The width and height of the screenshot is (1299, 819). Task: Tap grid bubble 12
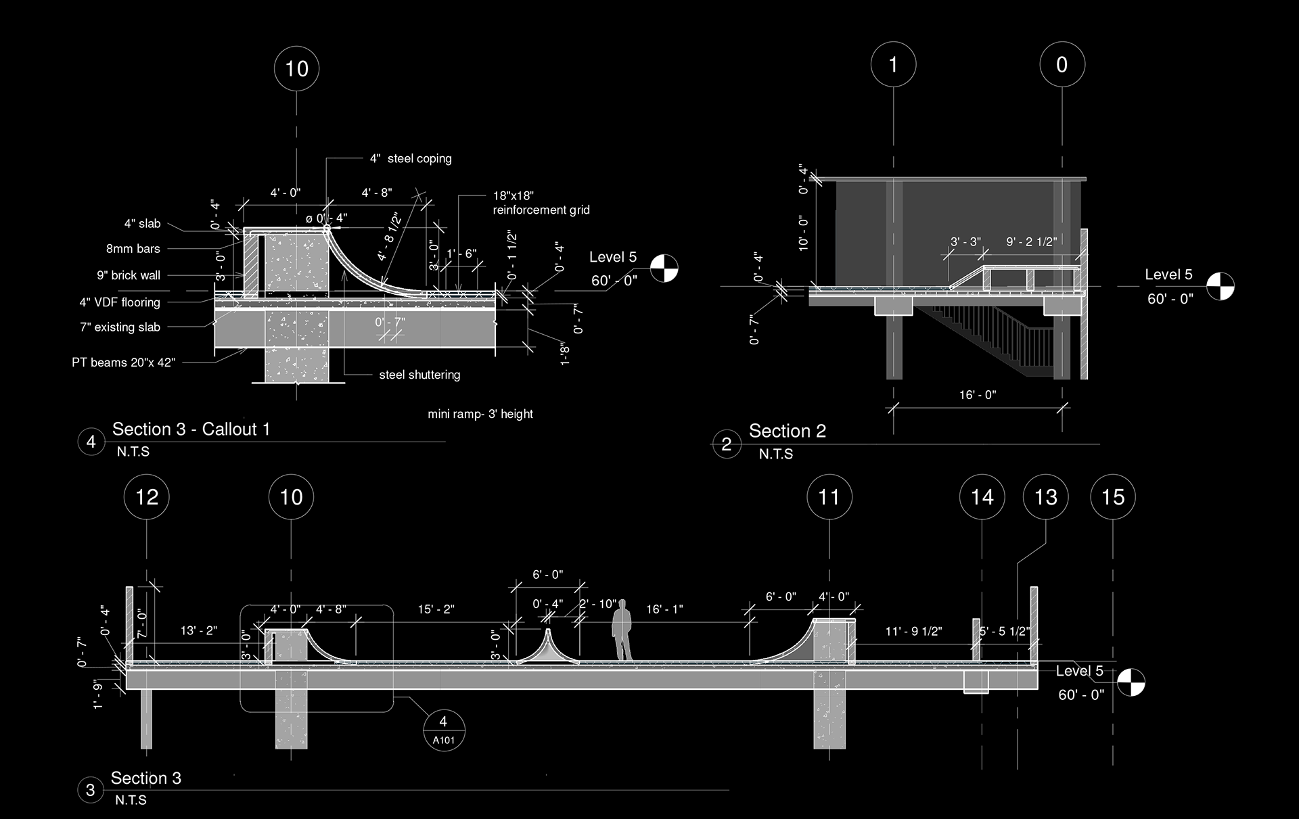pyautogui.click(x=147, y=497)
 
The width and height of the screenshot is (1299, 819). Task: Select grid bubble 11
pyautogui.click(x=829, y=497)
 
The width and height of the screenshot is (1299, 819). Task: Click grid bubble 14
pyautogui.click(x=982, y=497)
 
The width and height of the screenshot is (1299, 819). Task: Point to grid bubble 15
pyautogui.click(x=1113, y=497)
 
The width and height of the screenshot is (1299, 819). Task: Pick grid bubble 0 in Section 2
pyautogui.click(x=1062, y=64)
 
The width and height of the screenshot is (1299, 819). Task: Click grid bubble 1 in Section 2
pyautogui.click(x=893, y=64)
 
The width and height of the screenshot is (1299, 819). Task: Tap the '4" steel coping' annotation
pyautogui.click(x=411, y=159)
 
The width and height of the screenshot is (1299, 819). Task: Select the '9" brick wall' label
pyautogui.click(x=129, y=275)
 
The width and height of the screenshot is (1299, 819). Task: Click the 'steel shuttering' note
pyautogui.click(x=419, y=375)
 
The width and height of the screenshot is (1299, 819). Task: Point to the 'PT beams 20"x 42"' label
pyautogui.click(x=124, y=362)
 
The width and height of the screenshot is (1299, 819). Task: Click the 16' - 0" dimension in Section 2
pyautogui.click(x=978, y=394)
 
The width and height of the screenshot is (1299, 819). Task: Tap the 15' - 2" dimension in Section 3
pyautogui.click(x=436, y=609)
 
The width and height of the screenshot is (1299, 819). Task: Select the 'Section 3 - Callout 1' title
pyautogui.click(x=191, y=429)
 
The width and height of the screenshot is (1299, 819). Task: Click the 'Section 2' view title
pyautogui.click(x=788, y=431)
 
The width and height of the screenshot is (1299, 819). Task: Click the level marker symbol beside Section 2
pyautogui.click(x=1221, y=285)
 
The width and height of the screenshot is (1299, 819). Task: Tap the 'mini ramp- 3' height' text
pyautogui.click(x=480, y=414)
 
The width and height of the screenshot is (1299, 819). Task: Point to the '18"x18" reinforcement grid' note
pyautogui.click(x=541, y=203)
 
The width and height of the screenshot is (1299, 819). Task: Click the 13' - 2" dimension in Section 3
pyautogui.click(x=198, y=630)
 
